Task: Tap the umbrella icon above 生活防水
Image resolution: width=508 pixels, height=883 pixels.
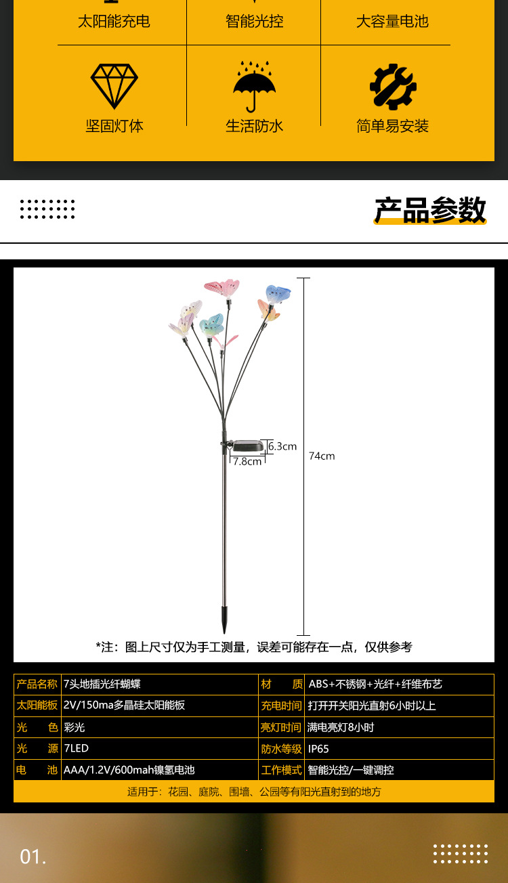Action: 254,86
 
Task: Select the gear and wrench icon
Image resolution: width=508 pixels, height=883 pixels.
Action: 393,87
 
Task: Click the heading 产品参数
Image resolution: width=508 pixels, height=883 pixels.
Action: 430,210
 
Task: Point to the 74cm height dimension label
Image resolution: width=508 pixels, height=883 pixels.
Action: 322,456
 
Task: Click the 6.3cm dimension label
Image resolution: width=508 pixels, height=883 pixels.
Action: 282,446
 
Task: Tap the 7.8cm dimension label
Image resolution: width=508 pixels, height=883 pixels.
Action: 247,461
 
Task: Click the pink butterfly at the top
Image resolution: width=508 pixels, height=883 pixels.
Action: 222,288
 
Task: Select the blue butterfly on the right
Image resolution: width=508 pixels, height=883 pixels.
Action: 278,294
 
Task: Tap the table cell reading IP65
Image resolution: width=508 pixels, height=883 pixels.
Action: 318,749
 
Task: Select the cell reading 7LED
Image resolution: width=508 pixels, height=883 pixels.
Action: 76,748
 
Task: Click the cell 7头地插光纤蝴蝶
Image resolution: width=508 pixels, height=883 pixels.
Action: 102,685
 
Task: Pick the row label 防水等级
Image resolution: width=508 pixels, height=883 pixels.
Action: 281,749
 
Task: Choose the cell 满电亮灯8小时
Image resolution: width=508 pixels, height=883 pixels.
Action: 341,727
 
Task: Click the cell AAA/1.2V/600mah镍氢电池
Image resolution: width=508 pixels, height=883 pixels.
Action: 129,770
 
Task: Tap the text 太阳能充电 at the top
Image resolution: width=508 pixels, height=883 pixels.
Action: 114,22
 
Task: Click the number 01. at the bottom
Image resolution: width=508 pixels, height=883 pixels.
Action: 33,857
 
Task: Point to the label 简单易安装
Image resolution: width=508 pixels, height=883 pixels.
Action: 393,126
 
